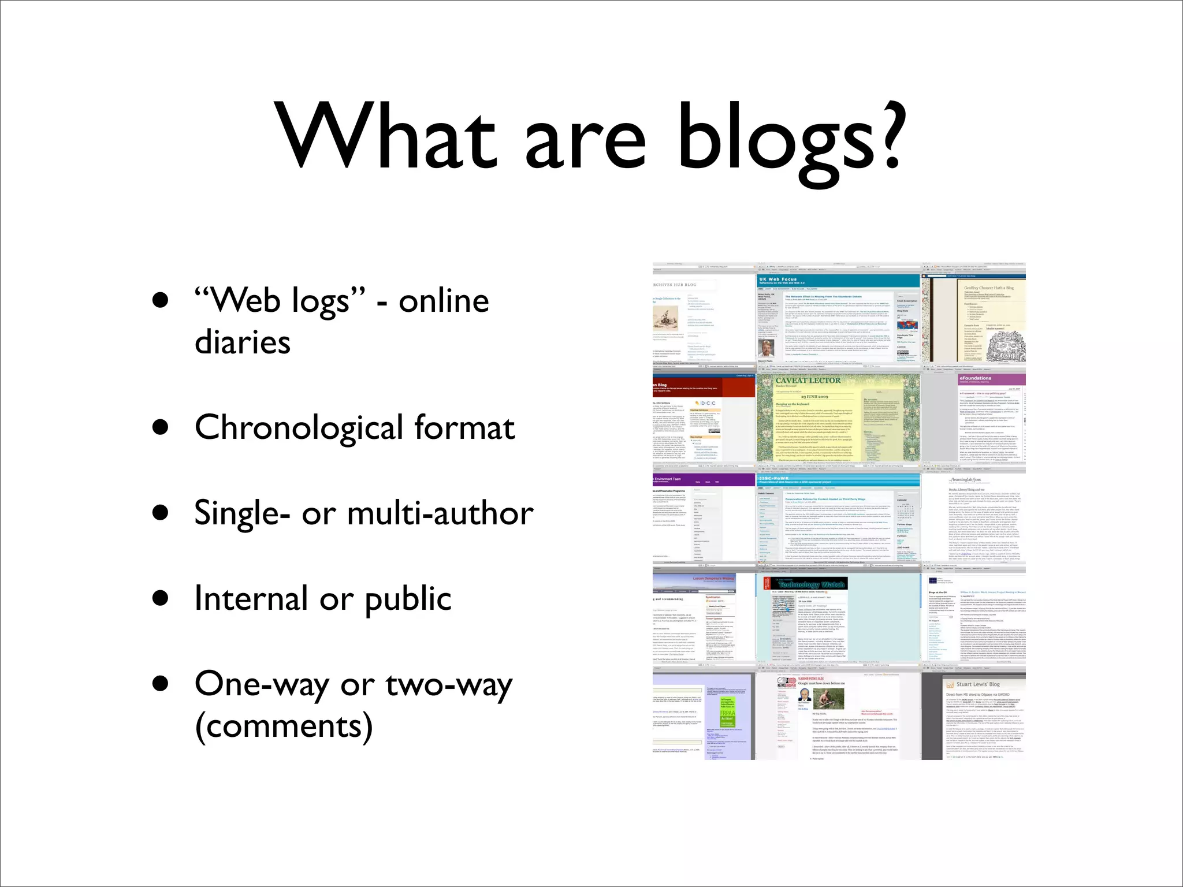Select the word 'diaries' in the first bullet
click(243, 342)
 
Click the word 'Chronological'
click(299, 428)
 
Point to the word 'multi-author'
click(440, 513)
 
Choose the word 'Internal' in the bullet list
click(251, 598)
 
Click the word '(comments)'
click(284, 726)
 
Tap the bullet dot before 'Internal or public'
click(161, 598)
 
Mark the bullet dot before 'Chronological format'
click(161, 428)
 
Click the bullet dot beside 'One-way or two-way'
click(161, 684)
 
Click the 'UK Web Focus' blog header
click(777, 279)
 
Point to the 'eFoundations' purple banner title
click(975, 378)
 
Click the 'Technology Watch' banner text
click(811, 584)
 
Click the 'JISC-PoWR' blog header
click(774, 479)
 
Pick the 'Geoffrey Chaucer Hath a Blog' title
click(988, 288)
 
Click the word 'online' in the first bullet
click(444, 301)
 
